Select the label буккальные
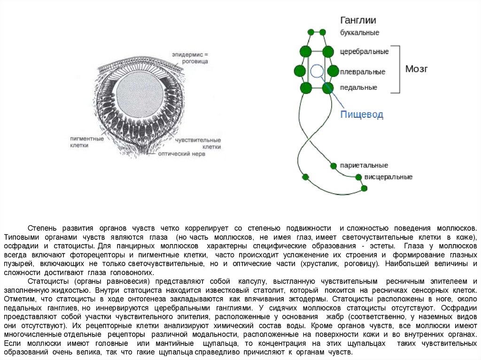point(359,33)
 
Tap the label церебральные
point(364,51)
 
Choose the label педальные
point(358,87)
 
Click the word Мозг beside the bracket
point(416,69)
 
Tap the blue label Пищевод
point(362,115)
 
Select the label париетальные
point(364,166)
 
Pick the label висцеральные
point(388,177)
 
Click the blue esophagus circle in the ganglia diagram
point(317,71)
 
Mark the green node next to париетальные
point(334,166)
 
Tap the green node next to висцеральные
point(358,177)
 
